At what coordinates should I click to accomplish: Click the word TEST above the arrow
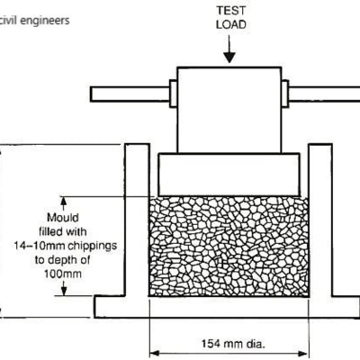[x=231, y=11]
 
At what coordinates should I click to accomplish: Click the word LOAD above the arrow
[x=231, y=24]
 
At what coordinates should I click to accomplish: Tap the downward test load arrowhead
[x=229, y=58]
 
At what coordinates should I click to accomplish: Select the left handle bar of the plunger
[x=130, y=94]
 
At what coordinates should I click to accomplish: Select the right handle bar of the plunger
[x=324, y=94]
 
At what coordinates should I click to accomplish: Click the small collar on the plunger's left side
[x=174, y=94]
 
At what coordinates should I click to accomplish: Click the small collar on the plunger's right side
[x=285, y=94]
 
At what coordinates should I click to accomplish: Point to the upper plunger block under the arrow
[x=229, y=110]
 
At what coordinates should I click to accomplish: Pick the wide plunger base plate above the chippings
[x=229, y=175]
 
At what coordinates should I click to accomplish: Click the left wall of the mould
[x=137, y=220]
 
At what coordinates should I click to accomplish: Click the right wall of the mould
[x=320, y=220]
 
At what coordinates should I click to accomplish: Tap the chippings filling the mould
[x=229, y=247]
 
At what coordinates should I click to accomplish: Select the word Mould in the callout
[x=63, y=218]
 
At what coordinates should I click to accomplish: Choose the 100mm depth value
[x=63, y=274]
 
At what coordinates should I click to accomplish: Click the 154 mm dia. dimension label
[x=233, y=344]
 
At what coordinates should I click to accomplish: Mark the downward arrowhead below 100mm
[x=64, y=292]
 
